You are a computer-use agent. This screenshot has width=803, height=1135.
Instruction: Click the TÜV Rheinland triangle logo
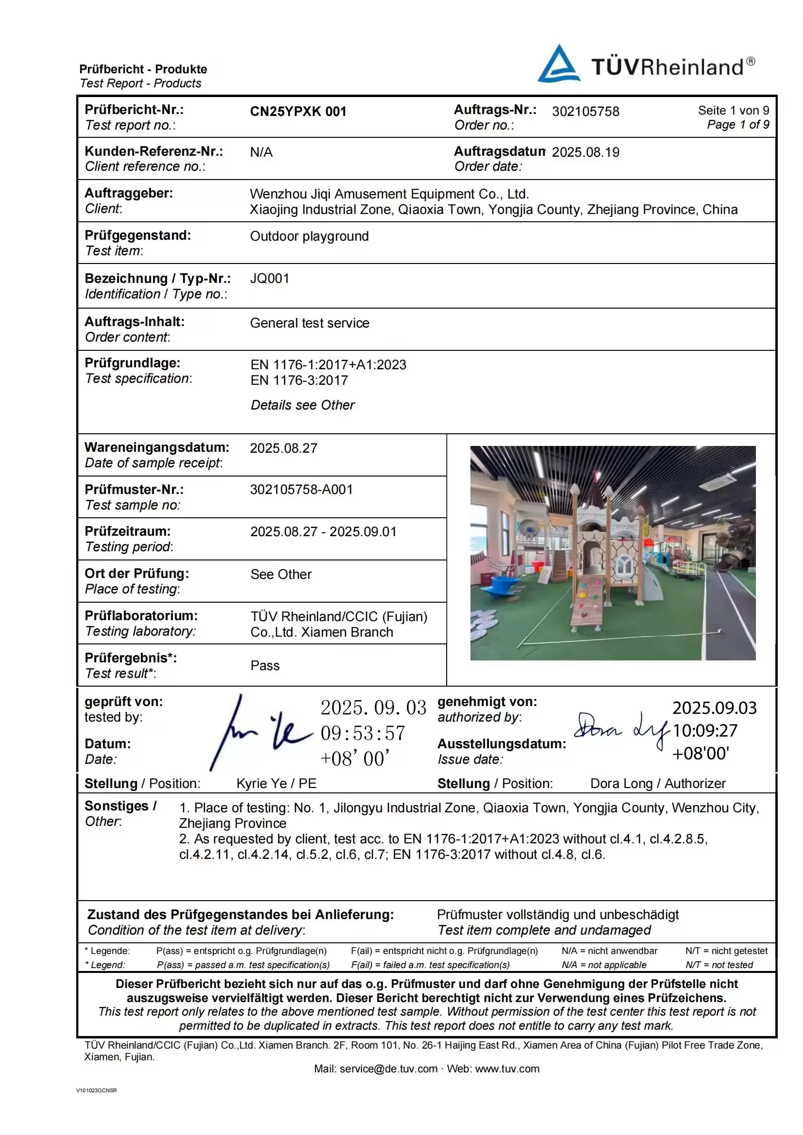559,64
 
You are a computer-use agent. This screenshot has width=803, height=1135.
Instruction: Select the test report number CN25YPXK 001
298,111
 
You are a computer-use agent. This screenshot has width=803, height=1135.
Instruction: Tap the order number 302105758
586,111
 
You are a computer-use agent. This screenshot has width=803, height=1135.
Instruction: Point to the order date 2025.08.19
586,152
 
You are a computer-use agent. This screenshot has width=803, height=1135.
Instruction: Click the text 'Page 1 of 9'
738,125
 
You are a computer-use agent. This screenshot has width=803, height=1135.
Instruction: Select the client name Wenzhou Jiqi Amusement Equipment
389,194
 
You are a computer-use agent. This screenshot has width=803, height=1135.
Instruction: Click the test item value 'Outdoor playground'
309,236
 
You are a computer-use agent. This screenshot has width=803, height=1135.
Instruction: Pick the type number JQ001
269,279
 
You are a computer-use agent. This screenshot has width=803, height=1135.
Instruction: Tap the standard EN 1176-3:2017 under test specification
299,380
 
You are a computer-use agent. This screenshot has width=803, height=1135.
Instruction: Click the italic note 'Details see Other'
302,405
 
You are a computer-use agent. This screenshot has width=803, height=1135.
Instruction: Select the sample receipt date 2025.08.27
284,448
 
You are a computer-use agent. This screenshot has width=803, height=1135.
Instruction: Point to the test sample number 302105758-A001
301,490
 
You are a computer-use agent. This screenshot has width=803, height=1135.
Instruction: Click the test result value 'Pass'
265,665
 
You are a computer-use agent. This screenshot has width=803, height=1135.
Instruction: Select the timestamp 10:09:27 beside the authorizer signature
704,731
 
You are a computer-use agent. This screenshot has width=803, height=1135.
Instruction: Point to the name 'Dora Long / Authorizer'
658,784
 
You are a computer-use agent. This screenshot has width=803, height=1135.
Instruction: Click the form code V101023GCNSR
97,1090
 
